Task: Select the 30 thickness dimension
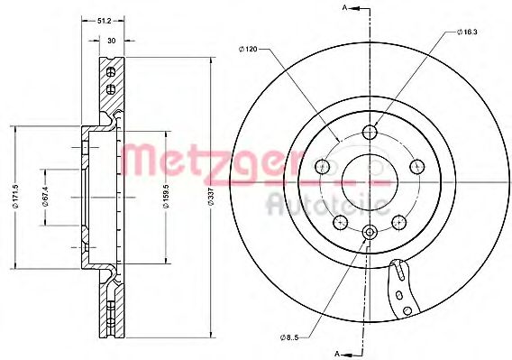(111, 40)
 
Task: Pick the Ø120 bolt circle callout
(250, 49)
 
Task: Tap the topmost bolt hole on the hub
(369, 134)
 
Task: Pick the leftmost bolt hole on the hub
(322, 166)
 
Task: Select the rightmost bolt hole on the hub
(416, 166)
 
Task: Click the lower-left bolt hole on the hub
(340, 222)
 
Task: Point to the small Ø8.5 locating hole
(369, 233)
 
